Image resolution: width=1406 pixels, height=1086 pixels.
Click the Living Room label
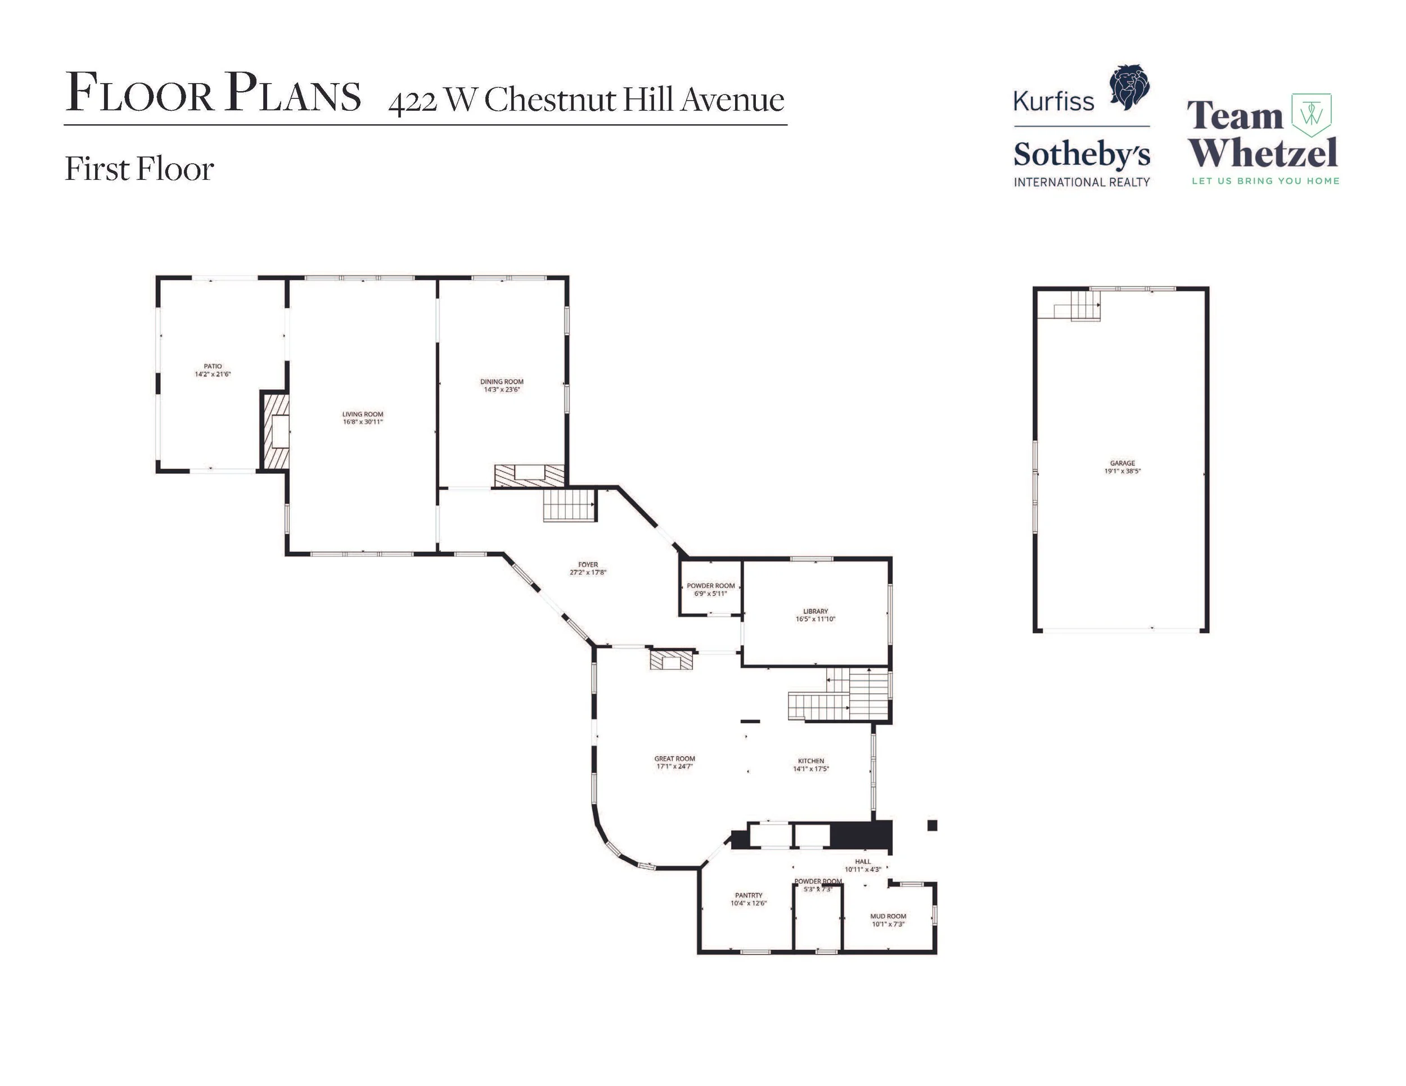pos(362,414)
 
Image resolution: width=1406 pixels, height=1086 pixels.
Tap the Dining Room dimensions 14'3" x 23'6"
pos(502,389)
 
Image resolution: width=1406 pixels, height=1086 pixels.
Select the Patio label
pos(213,366)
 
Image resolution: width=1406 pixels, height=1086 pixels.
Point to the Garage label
pos(1122,463)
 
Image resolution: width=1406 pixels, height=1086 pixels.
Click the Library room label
pos(815,611)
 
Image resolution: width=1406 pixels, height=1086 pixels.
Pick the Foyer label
pos(588,565)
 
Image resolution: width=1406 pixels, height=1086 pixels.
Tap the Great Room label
pos(675,758)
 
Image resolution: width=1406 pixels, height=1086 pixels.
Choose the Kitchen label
pos(811,761)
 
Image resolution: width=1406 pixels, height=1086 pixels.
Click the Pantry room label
pos(749,895)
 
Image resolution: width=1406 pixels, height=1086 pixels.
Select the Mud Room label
pos(889,916)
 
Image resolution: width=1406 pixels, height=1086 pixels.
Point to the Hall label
pos(863,862)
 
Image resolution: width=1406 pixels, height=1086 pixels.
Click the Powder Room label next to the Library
pos(711,586)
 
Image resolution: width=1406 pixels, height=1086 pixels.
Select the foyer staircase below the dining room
pos(569,504)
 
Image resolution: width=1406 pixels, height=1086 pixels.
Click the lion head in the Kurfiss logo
pos(1129,88)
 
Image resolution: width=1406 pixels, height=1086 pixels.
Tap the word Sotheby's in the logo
pos(1081,155)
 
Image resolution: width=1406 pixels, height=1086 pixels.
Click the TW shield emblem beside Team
pos(1312,115)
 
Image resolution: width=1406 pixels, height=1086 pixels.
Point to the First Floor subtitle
pos(139,169)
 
